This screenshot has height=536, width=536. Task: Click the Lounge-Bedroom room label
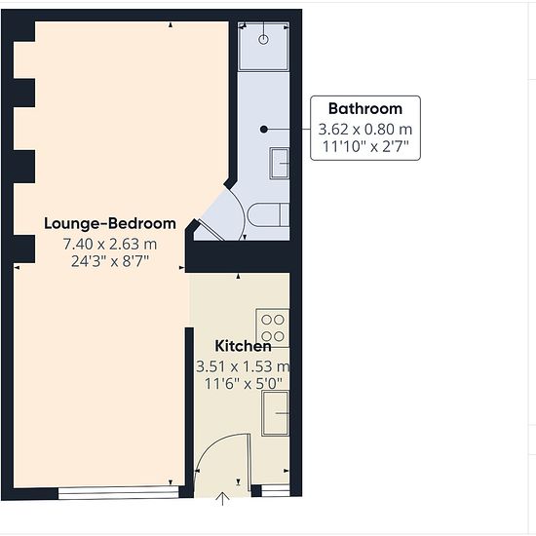tap(110, 223)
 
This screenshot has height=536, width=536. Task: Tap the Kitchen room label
tap(243, 346)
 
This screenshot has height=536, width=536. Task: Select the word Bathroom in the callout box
tap(365, 109)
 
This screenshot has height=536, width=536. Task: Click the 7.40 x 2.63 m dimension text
tap(110, 244)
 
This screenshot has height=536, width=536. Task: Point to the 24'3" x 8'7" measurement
tap(110, 261)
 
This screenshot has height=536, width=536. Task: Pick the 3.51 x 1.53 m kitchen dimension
tap(243, 366)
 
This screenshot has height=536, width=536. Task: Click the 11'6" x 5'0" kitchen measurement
tap(243, 384)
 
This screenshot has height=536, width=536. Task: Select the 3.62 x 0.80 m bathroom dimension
tap(365, 130)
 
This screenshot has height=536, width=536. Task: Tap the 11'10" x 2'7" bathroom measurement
tap(365, 146)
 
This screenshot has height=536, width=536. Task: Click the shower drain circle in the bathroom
tap(263, 40)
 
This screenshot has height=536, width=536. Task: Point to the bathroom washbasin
tap(280, 164)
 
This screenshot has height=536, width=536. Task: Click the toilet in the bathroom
tap(269, 214)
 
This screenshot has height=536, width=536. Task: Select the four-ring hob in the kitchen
tap(273, 328)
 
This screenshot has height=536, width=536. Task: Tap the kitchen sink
tap(275, 413)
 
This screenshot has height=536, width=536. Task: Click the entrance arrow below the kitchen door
tap(222, 499)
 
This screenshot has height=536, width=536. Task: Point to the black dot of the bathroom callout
tap(263, 130)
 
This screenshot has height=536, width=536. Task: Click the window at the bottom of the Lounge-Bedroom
tap(118, 493)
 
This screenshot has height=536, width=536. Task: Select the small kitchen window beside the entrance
tap(275, 490)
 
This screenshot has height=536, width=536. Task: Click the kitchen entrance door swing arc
tap(213, 444)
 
